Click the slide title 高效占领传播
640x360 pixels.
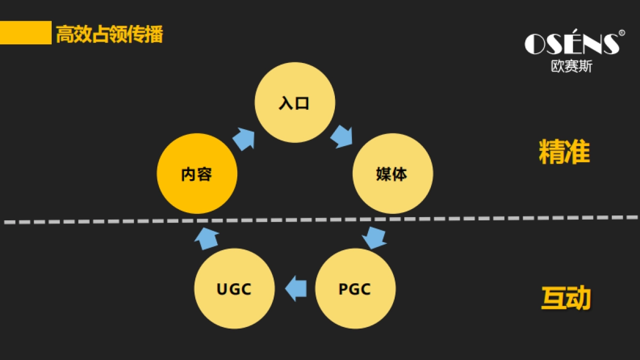(109, 35)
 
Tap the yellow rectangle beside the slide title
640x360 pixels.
(25, 33)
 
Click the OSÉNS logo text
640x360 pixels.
(571, 44)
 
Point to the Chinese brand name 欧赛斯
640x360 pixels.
(571, 67)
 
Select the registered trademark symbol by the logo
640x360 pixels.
(622, 33)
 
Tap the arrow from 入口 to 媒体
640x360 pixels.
(342, 137)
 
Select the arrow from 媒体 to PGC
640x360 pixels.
(375, 237)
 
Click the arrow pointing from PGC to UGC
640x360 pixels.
(296, 289)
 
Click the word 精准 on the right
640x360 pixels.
(564, 153)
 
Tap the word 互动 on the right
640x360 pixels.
(566, 298)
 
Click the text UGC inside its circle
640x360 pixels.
(234, 290)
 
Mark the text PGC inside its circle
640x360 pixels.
(355, 290)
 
